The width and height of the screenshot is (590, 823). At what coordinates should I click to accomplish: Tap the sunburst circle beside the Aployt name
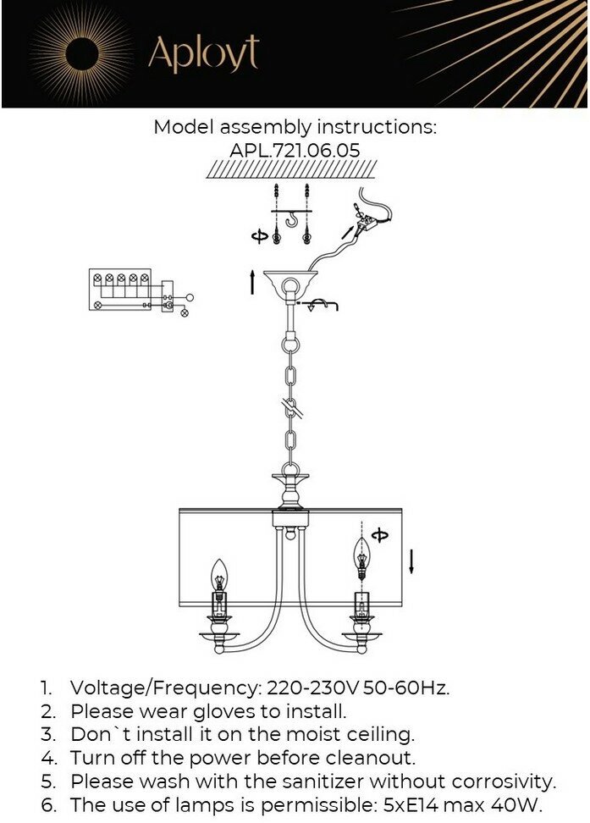[81, 54]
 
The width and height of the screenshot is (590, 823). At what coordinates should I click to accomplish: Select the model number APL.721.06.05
[295, 149]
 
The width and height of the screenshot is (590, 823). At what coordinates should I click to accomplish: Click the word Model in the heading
[184, 127]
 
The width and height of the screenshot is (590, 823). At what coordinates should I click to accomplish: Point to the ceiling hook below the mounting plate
[293, 223]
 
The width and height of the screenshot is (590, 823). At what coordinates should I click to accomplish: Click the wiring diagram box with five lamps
[120, 289]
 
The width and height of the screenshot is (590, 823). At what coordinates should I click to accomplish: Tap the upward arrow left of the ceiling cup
[252, 282]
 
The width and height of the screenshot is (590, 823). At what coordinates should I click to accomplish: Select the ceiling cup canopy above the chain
[292, 284]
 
